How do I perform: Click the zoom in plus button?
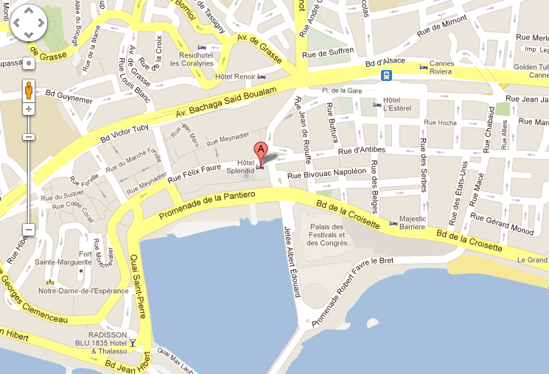click(x=29, y=109)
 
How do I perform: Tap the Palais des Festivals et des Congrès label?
click(x=326, y=235)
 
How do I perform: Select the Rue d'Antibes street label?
click(x=362, y=151)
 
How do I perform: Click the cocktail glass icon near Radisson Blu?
click(x=133, y=343)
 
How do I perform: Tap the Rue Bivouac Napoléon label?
click(x=326, y=173)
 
